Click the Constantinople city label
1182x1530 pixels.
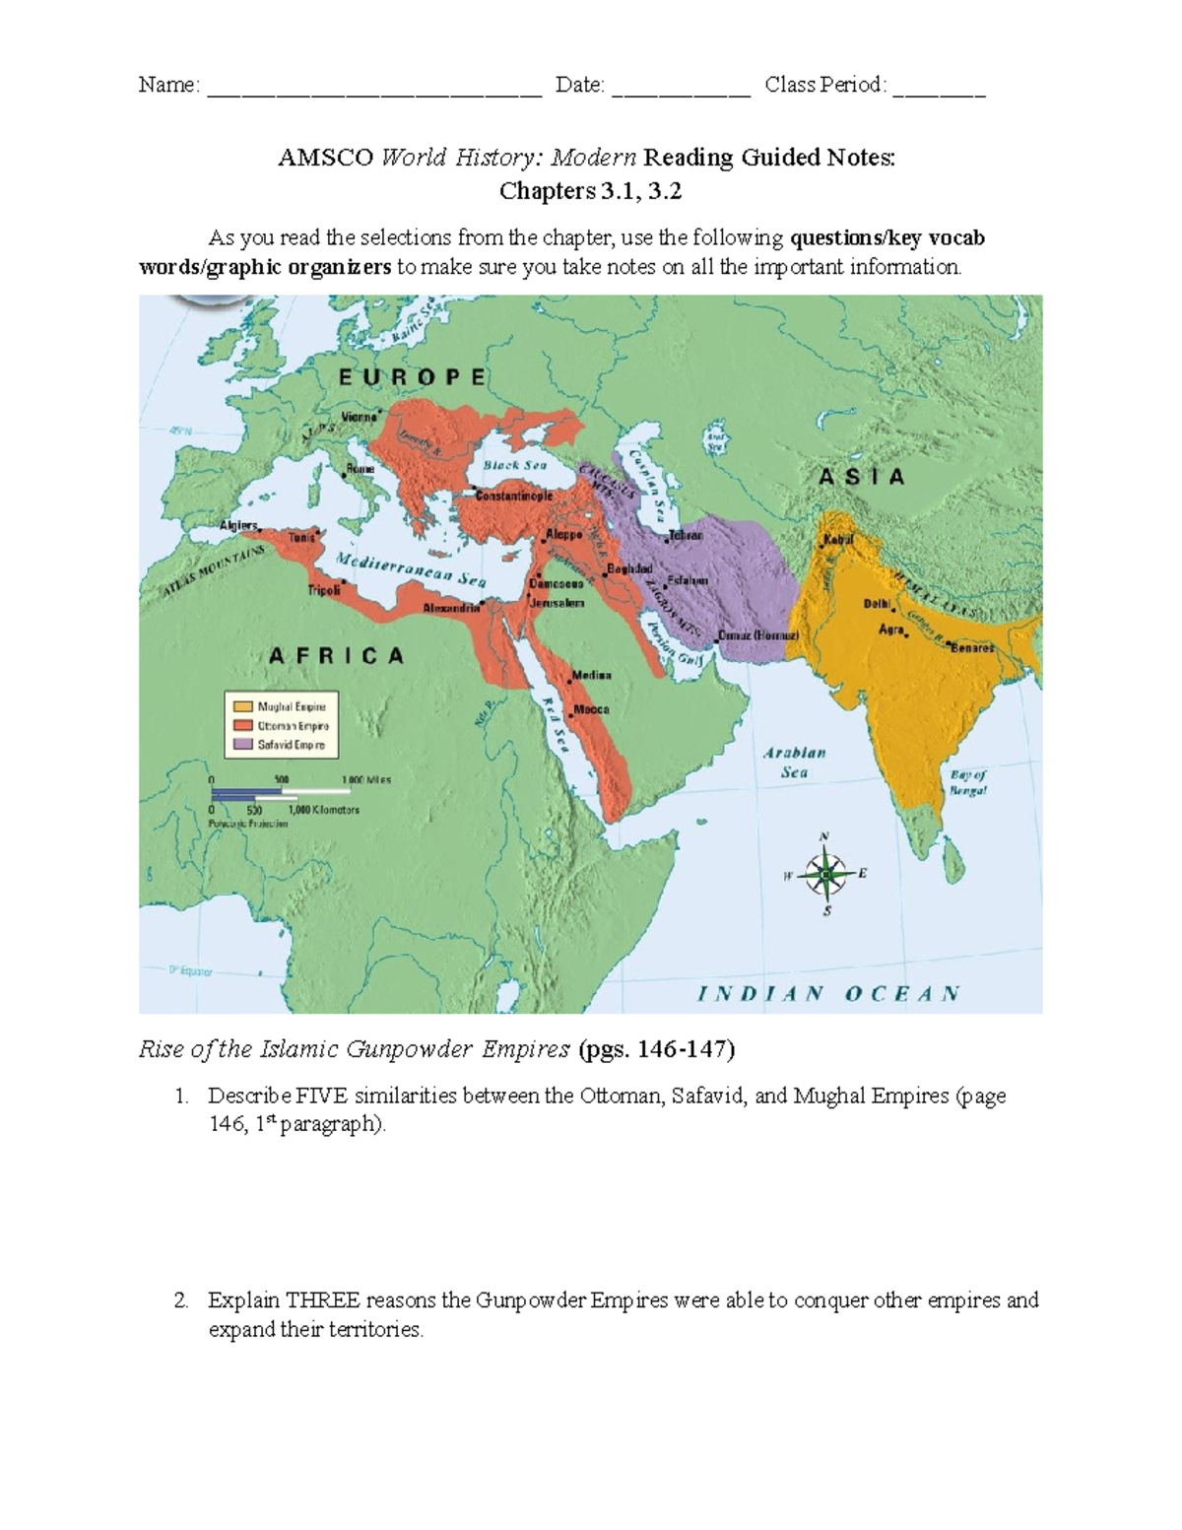click(514, 497)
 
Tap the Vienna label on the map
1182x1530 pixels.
click(359, 417)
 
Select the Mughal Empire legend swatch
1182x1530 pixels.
click(241, 706)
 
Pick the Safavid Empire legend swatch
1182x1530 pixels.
click(241, 745)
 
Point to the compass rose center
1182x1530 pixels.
click(825, 874)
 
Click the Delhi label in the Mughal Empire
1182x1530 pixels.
click(877, 603)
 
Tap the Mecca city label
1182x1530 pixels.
click(591, 709)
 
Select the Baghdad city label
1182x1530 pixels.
click(629, 569)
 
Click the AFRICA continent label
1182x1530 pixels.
click(337, 656)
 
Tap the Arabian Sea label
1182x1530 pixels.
click(795, 763)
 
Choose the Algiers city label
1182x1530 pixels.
click(237, 525)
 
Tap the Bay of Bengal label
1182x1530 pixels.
click(967, 782)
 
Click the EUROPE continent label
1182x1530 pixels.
click(412, 377)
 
